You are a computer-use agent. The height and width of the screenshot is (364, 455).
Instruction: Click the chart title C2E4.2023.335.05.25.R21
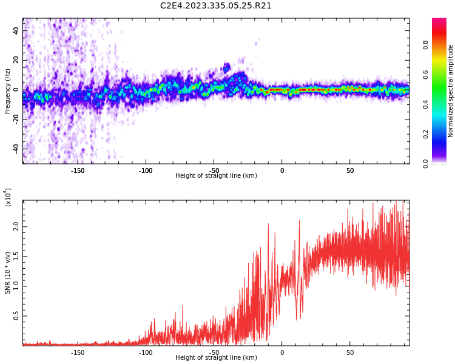coord(216,6)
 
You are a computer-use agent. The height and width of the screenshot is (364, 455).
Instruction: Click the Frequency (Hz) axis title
coord(7,91)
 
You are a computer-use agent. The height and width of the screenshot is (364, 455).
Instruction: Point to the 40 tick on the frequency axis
coord(17,30)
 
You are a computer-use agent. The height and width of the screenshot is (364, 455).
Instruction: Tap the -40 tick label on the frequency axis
coord(15,149)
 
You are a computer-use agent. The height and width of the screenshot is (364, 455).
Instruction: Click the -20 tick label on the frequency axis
coord(15,120)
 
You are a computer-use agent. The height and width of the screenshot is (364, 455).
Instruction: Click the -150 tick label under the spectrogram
coord(77,170)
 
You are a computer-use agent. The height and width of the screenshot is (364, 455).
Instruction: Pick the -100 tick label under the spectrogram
coord(146,170)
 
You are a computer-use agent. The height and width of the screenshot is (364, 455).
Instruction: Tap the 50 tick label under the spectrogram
coord(350,170)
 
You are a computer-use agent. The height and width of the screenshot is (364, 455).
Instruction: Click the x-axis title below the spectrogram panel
coord(216,176)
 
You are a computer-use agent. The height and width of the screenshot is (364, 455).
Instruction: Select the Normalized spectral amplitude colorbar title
coord(451,91)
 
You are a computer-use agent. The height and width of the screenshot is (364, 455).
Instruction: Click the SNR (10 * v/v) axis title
coord(8,273)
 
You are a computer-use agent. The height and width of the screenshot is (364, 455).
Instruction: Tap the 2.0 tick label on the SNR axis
coord(16,226)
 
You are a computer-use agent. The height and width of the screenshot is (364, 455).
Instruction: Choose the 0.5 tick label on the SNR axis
coord(16,316)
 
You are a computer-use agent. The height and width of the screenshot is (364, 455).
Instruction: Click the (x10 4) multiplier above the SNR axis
coord(8,197)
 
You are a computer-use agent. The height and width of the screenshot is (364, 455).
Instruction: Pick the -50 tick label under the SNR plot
coord(214,352)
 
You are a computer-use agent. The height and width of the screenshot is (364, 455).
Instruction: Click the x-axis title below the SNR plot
coord(216,358)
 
